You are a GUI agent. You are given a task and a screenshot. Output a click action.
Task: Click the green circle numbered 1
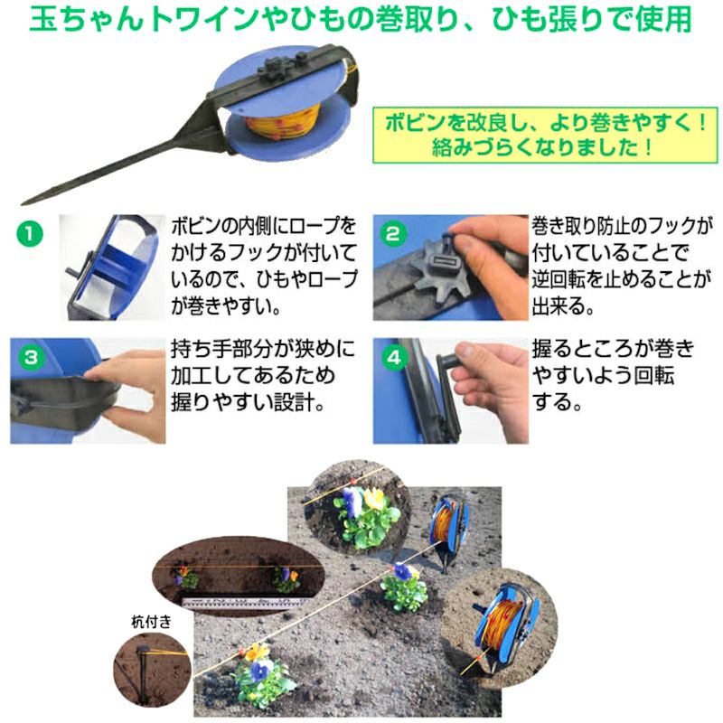30,233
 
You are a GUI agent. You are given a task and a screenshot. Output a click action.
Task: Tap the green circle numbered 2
393,234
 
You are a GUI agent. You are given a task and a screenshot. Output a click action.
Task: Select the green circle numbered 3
31,357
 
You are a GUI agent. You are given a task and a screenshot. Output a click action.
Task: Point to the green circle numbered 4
394,357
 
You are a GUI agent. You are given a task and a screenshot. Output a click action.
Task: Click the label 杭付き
151,622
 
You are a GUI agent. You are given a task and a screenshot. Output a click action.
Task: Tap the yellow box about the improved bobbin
545,135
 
